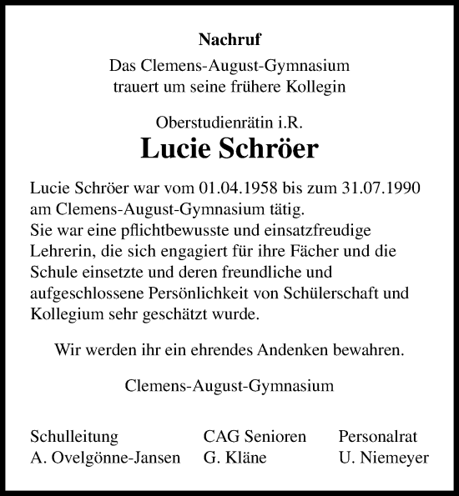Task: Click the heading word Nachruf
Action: pyautogui.click(x=229, y=38)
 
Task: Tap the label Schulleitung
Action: pyautogui.click(x=73, y=437)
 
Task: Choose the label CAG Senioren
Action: pyautogui.click(x=255, y=437)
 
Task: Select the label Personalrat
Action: pyautogui.click(x=377, y=437)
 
